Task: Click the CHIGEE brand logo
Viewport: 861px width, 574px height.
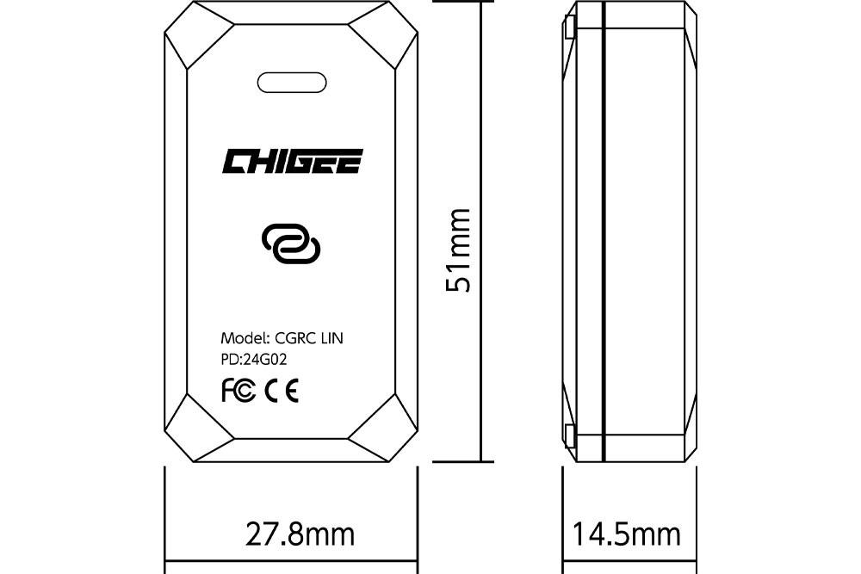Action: click(x=292, y=161)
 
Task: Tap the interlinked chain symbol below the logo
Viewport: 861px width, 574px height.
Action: click(x=291, y=244)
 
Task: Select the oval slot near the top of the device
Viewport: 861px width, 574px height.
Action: click(x=292, y=83)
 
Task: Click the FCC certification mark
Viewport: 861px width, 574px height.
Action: click(x=238, y=391)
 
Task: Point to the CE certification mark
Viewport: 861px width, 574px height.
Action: click(x=282, y=391)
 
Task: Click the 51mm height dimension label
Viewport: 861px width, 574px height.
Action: click(x=458, y=250)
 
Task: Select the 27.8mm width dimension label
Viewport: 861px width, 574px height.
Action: click(x=300, y=534)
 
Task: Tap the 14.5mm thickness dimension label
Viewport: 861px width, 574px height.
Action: click(x=627, y=534)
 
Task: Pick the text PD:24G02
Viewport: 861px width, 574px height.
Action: click(x=254, y=360)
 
